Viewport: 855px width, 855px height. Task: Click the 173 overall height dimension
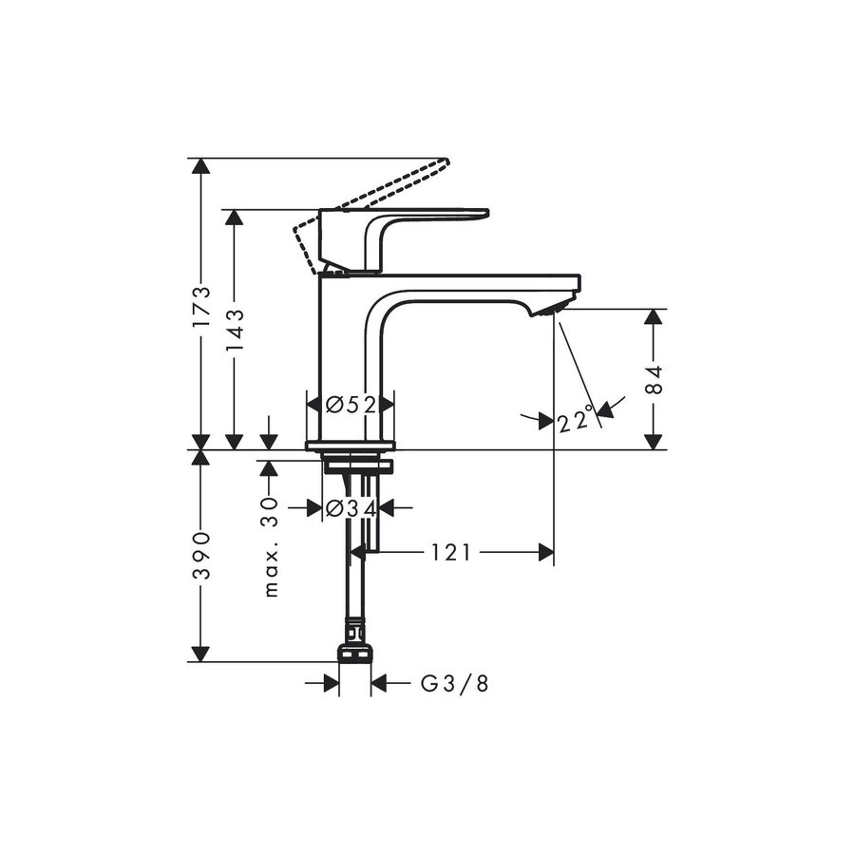(x=201, y=306)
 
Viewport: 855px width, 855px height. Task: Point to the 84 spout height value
(x=654, y=379)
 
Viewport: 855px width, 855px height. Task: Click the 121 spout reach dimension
(x=450, y=553)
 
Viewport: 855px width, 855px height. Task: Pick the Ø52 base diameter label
(x=351, y=405)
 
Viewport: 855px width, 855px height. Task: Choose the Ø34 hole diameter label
(x=351, y=509)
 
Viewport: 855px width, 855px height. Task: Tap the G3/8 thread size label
(x=454, y=683)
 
